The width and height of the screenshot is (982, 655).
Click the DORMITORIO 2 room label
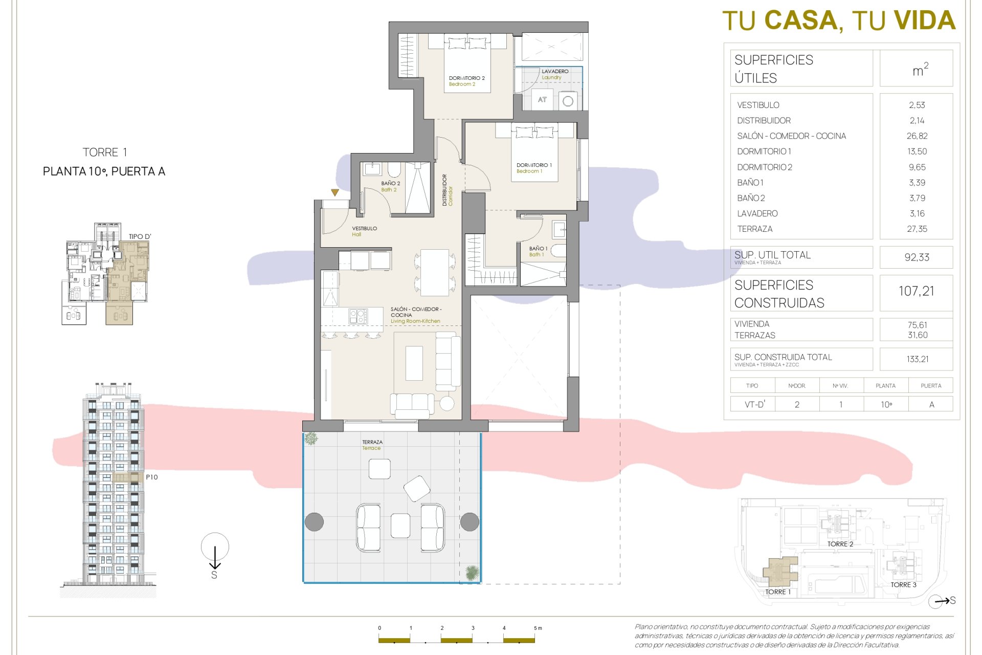coord(466,78)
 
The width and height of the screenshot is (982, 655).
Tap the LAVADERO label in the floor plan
coord(555,72)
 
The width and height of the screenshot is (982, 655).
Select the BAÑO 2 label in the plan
coord(390,183)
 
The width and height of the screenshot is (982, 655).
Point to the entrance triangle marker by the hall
coord(334,193)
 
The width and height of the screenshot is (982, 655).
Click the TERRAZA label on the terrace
coord(372,442)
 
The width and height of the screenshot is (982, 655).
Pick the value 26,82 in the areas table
coord(917,136)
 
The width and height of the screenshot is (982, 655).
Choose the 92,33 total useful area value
coord(917,257)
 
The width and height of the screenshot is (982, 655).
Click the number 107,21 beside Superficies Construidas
coord(916,291)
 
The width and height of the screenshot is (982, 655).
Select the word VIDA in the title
coord(924,21)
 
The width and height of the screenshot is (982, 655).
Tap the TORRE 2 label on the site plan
coord(840,544)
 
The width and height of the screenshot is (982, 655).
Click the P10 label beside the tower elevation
coord(152,477)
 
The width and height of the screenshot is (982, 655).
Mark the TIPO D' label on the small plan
coord(140,236)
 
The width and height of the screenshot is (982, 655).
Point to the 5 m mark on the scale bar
coord(537,628)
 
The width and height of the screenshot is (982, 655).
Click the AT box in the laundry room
coord(542,100)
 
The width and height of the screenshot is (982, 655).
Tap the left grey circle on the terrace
coord(314,522)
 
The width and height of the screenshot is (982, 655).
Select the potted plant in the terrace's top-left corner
coord(311,439)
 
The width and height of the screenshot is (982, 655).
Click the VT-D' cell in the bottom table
coord(755,404)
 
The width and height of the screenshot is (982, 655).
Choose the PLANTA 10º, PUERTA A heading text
coord(104,171)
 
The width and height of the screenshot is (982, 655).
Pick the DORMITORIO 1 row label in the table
coord(764,151)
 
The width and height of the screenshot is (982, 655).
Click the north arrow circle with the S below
coord(215,547)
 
